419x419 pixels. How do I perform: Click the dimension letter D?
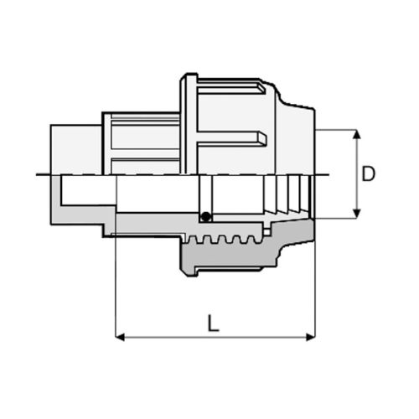(369, 173)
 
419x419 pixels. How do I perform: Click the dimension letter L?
(214, 323)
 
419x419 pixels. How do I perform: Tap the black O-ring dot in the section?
(206, 217)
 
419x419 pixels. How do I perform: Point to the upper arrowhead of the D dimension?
(356, 134)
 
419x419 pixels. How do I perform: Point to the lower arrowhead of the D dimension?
(356, 214)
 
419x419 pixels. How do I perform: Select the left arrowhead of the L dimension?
(120, 337)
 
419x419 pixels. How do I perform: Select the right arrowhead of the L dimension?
(311, 337)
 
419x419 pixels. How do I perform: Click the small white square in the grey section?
(266, 232)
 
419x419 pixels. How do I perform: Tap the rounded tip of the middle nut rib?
(264, 139)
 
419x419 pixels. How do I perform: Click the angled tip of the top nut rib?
(262, 88)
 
